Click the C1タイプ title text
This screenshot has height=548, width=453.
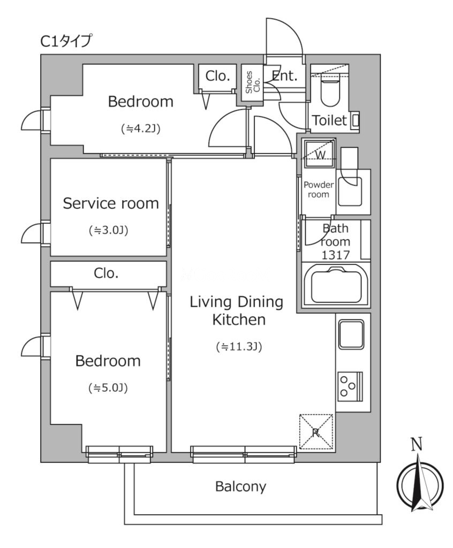[x=66, y=41]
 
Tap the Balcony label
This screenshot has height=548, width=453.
[x=240, y=486]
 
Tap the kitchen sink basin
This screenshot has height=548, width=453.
[x=351, y=334]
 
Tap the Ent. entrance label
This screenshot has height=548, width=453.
[x=284, y=75]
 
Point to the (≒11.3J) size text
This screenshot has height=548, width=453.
[x=239, y=347]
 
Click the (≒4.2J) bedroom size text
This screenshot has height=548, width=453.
[x=141, y=129]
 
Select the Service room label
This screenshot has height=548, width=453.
[x=110, y=203]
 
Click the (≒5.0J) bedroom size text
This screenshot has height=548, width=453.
[x=108, y=387]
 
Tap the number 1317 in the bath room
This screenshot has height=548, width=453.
[x=335, y=255]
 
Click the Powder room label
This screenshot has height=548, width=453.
[x=318, y=189]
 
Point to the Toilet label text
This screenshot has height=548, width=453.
[x=329, y=120]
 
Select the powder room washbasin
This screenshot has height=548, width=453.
[x=350, y=191]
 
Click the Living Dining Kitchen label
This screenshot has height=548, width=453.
[x=237, y=311]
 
